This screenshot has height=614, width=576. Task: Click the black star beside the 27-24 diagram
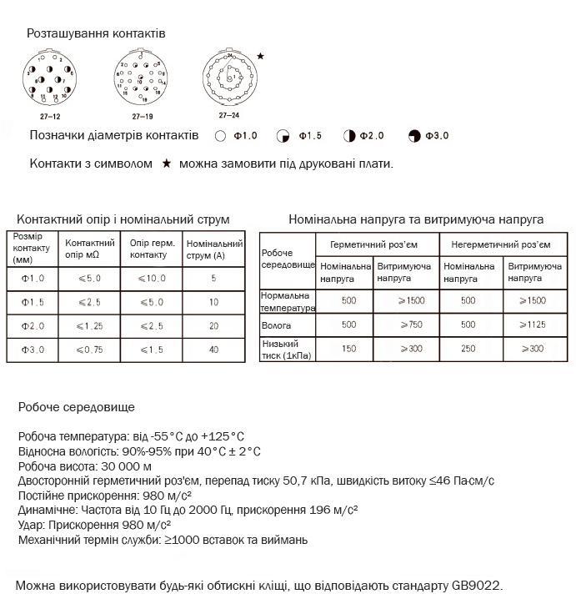pos(261,56)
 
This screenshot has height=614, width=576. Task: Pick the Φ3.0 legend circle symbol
pos(415,135)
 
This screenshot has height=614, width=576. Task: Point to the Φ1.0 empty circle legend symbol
pos(220,135)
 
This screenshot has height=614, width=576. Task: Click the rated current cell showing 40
pos(213,350)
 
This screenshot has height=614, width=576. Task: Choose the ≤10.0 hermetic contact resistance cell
pos(151,279)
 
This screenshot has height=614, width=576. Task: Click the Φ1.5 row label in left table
pos(33,302)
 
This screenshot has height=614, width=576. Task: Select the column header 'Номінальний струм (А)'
pos(213,249)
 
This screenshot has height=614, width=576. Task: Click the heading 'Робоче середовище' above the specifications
pos(76,407)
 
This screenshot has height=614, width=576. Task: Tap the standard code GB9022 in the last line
pos(477,586)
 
